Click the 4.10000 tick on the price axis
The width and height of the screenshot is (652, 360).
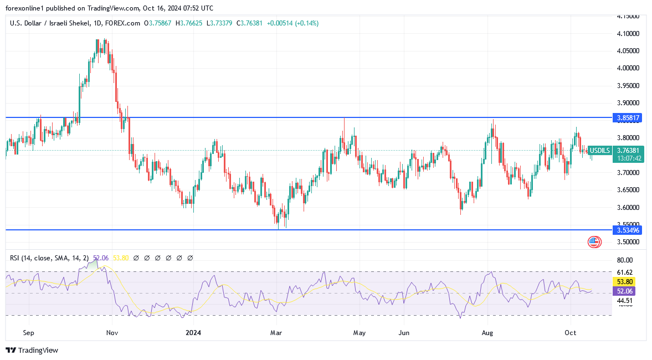pos(628,33)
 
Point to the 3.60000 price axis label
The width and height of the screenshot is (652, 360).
pos(628,207)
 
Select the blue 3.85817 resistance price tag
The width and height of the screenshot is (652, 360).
pos(629,118)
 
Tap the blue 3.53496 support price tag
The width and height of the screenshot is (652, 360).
pos(629,230)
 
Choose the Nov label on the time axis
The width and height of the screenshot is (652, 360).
pos(112,333)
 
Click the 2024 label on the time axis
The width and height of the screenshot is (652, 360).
pos(193,333)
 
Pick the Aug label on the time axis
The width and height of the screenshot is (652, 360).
pos(487,333)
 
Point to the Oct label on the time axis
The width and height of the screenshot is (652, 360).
pos(571,333)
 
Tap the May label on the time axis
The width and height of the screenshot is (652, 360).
pos(359,333)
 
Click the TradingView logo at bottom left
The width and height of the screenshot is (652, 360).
pos(32,350)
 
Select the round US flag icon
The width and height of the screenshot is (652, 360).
pos(594,241)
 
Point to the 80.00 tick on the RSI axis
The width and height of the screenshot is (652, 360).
pos(624,260)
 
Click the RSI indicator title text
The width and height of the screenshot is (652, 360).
pos(48,258)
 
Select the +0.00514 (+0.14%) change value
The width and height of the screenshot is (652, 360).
pos(292,23)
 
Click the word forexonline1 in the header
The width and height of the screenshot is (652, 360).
pos(25,8)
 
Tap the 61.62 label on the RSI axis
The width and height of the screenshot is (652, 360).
pos(624,272)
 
